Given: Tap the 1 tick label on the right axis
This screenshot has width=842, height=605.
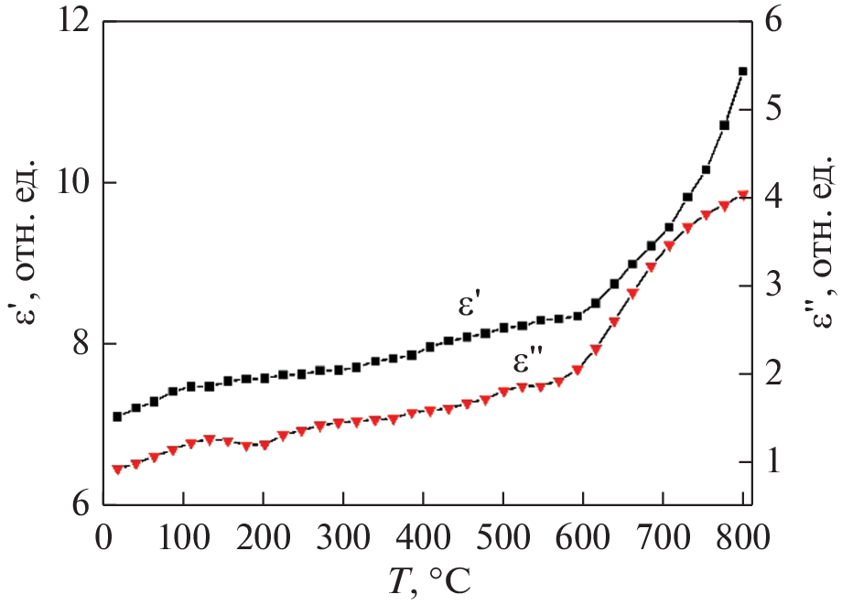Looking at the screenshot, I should tap(771, 462).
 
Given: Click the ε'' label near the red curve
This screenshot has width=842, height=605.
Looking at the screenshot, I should tap(527, 364).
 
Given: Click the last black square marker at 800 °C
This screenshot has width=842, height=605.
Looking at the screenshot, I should tap(742, 71).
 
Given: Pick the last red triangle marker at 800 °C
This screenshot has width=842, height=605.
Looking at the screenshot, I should tap(742, 195).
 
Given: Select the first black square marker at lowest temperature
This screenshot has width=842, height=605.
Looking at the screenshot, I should tap(117, 416).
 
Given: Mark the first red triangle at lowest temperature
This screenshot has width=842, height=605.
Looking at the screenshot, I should tap(117, 469).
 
